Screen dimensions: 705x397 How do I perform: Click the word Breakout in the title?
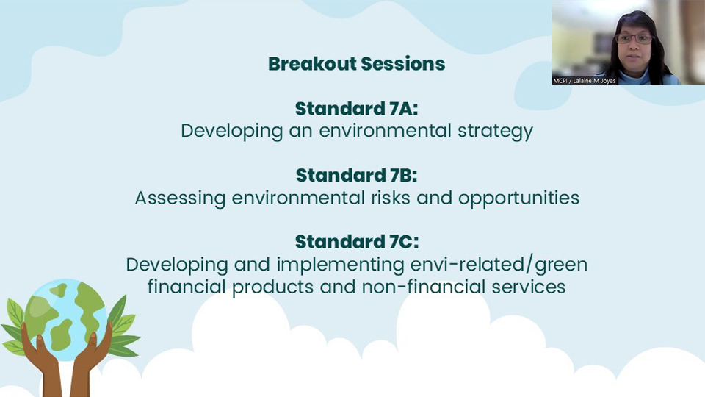point(311,64)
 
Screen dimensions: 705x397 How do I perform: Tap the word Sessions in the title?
point(403,64)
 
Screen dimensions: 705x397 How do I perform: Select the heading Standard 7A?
point(357,109)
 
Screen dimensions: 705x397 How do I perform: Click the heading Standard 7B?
point(357,175)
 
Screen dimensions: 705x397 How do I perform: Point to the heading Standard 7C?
point(357,242)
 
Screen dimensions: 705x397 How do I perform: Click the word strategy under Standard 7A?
point(495,132)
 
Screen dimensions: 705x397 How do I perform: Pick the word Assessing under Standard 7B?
point(181,198)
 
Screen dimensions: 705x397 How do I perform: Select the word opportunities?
point(519,198)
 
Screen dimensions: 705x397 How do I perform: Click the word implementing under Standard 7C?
point(340,265)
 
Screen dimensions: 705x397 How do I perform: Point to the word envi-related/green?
point(499,265)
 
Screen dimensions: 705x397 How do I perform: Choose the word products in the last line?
point(272,287)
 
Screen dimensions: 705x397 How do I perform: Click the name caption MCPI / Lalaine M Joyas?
point(584,81)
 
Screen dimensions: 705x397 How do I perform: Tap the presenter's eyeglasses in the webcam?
point(634,39)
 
